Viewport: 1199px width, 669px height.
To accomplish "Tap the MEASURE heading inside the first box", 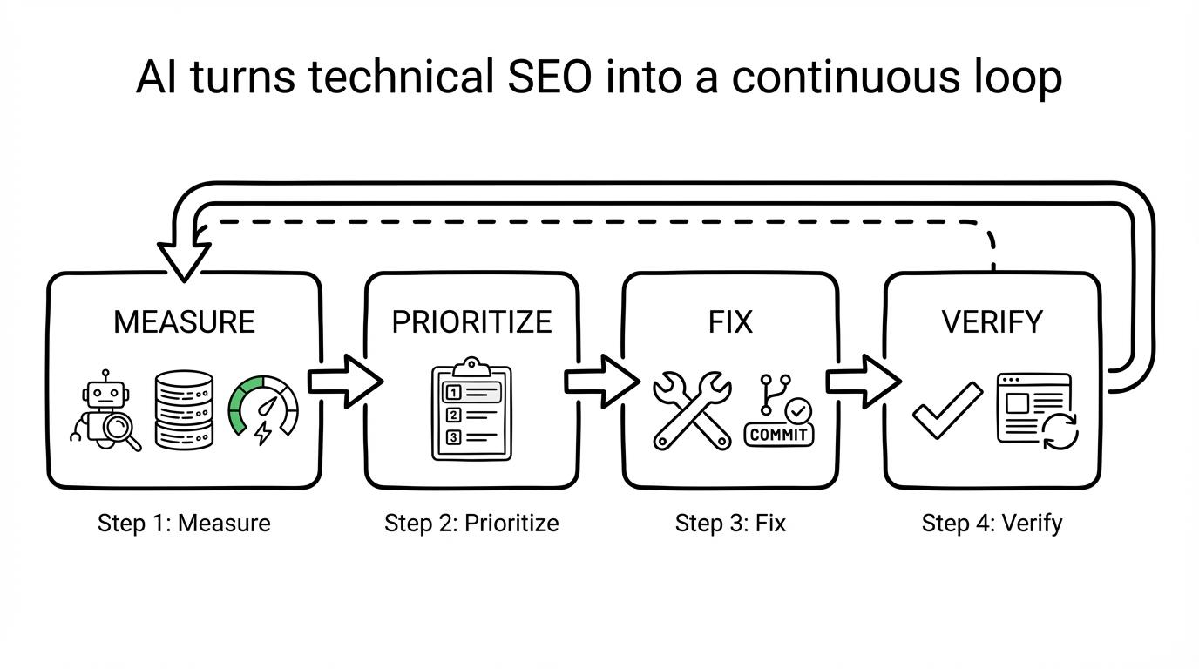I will click(184, 322).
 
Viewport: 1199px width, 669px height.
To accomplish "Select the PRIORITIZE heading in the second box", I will click(471, 322).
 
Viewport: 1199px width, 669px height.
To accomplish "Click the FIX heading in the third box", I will click(730, 322).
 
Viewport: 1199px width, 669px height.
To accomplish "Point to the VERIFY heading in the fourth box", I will click(992, 322).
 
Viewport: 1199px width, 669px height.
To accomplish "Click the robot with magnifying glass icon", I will click(106, 410).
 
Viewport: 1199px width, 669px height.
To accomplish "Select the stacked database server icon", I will click(184, 409).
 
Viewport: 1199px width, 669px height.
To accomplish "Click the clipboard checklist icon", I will click(471, 410).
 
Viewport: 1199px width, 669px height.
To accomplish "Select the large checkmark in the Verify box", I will click(946, 409).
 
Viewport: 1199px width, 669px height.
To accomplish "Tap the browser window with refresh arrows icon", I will click(1038, 411).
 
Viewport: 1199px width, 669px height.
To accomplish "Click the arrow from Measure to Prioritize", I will click(344, 381).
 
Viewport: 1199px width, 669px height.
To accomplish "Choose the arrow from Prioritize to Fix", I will click(601, 381).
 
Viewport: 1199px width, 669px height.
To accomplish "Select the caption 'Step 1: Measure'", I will click(184, 524).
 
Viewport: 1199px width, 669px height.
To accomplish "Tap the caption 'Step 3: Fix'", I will click(730, 524).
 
